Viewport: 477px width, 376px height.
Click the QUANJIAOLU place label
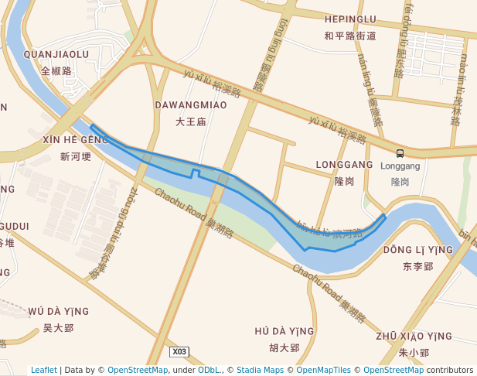tap(56, 54)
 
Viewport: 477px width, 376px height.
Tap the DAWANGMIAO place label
tap(190, 104)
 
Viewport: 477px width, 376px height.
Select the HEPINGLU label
tap(350, 19)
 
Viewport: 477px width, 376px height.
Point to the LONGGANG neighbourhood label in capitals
tap(345, 165)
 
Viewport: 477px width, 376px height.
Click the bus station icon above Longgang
tap(400, 153)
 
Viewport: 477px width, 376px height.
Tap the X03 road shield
tap(179, 351)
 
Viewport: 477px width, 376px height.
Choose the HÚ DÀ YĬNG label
tap(284, 331)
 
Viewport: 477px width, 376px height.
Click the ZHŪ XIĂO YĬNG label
tap(414, 336)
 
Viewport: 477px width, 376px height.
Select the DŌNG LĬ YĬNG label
tap(418, 250)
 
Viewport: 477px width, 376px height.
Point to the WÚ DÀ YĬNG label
tap(58, 311)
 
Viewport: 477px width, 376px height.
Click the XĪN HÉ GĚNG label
tap(76, 139)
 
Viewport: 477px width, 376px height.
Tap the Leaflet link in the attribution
tap(44, 370)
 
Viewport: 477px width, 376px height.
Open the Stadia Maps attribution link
tap(260, 370)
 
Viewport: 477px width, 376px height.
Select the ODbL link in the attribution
tap(209, 370)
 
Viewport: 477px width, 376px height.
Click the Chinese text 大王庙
tap(190, 121)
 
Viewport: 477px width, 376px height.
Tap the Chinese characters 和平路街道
tap(350, 36)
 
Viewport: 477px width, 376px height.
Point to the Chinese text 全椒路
tap(56, 70)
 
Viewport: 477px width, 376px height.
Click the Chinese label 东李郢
tap(418, 266)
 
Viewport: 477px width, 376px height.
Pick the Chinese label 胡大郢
tap(284, 348)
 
